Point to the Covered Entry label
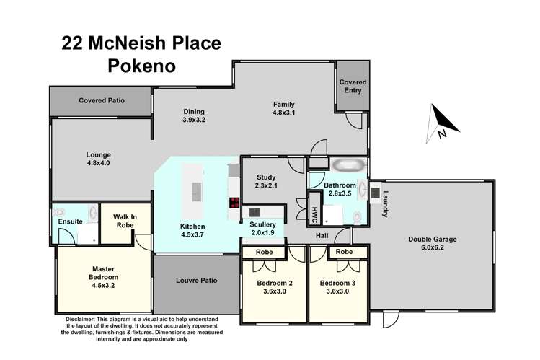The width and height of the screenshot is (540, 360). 353,87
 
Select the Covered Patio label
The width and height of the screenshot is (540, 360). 102,100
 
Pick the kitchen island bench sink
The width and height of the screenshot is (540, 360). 197,191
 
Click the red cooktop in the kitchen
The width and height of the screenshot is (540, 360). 234,203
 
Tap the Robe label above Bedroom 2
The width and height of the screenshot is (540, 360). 262,253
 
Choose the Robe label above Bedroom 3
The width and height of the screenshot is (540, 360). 344,253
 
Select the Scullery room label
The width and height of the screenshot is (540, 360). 263,224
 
